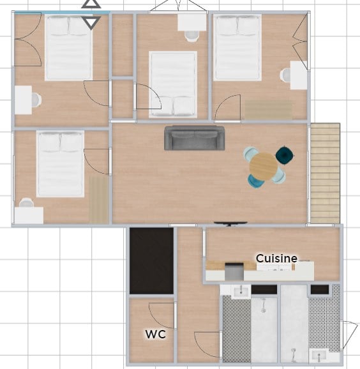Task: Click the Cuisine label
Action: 276,259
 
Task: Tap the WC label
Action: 156,334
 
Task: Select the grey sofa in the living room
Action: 194,138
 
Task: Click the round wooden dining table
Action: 264,167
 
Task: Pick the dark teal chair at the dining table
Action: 285,154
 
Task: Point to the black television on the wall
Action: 230,223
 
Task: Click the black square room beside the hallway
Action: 152,260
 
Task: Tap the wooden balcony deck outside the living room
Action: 325,173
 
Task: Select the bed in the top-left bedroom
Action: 68,48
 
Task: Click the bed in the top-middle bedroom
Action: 173,84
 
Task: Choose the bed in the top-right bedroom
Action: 237,47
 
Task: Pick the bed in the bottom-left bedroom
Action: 60,164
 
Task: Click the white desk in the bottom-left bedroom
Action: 29,215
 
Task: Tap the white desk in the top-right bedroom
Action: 299,75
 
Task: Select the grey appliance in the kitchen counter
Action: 234,271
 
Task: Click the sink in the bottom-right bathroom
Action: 319,356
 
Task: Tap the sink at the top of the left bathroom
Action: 241,292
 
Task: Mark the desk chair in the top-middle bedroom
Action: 191,36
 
